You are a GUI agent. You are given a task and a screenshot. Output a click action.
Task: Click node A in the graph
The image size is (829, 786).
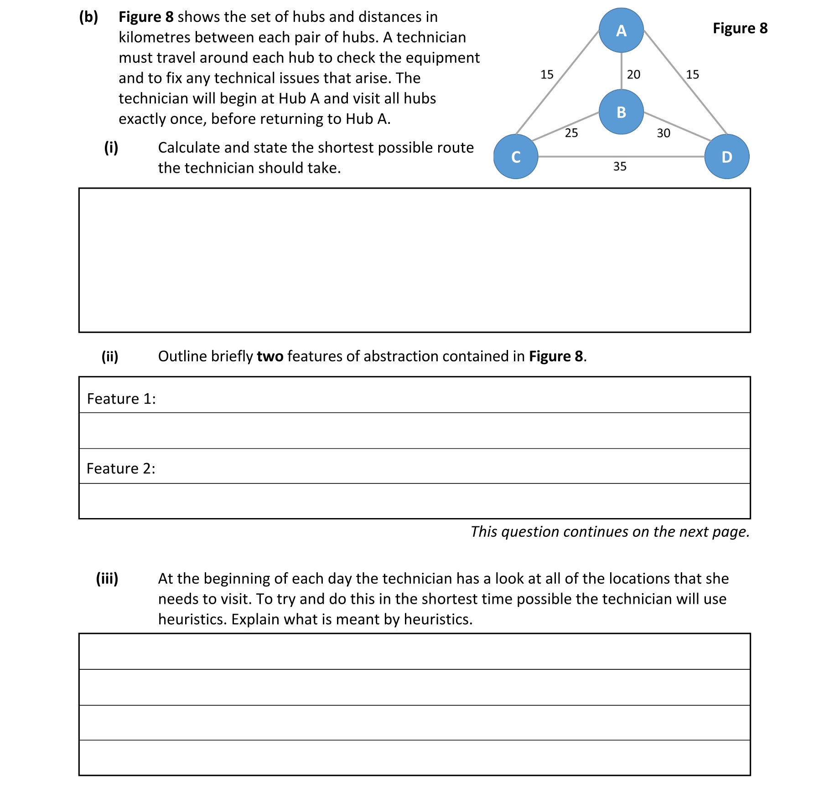(x=621, y=31)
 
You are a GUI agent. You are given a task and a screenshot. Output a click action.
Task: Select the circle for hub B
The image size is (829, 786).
(x=621, y=112)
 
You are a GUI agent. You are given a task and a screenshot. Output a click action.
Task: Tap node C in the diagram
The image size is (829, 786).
(x=516, y=157)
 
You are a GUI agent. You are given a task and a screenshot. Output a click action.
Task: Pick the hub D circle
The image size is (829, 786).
(x=726, y=157)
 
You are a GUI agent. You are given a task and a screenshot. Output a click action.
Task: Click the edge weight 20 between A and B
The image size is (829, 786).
(x=633, y=74)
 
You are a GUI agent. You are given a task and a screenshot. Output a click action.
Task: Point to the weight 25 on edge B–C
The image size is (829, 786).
(x=571, y=133)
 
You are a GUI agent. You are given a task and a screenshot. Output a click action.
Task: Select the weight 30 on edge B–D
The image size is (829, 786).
(x=663, y=133)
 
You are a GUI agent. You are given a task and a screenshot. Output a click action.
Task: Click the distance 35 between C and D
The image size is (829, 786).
(x=619, y=166)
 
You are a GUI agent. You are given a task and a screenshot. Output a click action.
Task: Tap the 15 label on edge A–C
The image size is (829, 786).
(x=547, y=74)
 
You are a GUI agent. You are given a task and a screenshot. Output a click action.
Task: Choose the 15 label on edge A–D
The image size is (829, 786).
(x=692, y=74)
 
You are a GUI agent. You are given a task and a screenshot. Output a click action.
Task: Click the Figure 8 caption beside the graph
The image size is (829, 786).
(x=740, y=28)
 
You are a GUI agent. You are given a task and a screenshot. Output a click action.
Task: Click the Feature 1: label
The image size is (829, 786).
(x=121, y=399)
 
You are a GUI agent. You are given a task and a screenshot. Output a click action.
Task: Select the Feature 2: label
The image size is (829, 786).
(x=121, y=468)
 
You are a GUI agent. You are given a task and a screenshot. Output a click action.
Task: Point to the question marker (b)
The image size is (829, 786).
(x=88, y=17)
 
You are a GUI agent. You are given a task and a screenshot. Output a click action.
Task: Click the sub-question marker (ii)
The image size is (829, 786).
(x=110, y=356)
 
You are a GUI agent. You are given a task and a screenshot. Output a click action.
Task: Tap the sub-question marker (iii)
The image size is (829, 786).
(x=107, y=579)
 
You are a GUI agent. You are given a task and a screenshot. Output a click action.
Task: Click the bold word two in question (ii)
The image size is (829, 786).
(x=270, y=356)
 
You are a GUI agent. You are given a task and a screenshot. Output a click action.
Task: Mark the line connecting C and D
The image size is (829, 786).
(x=584, y=157)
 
